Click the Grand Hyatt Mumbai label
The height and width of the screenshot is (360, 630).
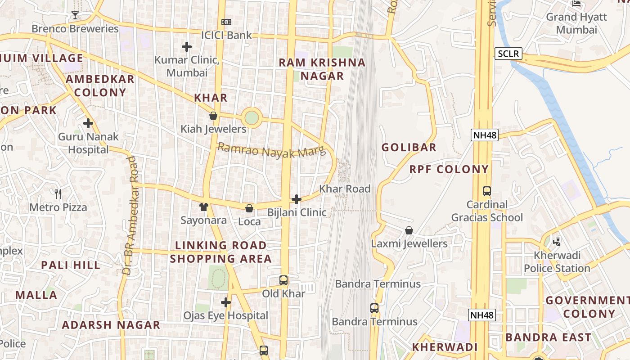tap(576, 23)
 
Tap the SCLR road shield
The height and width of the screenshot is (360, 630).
tap(508, 54)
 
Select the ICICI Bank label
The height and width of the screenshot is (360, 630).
tap(226, 35)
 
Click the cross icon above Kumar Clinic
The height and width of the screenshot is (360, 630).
tap(187, 46)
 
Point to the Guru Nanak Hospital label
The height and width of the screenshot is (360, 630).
tap(88, 143)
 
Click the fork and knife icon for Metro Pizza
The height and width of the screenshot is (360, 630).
tap(58, 194)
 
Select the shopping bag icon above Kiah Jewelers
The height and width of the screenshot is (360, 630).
tap(213, 116)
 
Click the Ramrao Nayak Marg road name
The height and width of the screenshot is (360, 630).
tap(271, 151)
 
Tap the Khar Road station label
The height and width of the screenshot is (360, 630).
tap(345, 189)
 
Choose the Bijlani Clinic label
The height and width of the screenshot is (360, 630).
tap(297, 212)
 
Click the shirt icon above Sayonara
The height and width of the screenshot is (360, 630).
tap(204, 207)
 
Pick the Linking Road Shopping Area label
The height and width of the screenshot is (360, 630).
tap(220, 252)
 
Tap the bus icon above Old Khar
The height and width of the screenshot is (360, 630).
tap(283, 280)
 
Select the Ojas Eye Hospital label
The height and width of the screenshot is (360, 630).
tap(225, 316)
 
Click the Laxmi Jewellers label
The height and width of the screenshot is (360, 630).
tap(409, 244)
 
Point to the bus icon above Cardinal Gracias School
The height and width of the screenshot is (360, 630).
tap(487, 191)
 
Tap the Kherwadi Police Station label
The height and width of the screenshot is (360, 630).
tap(557, 262)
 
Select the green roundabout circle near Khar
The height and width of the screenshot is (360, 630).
tap(252, 118)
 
